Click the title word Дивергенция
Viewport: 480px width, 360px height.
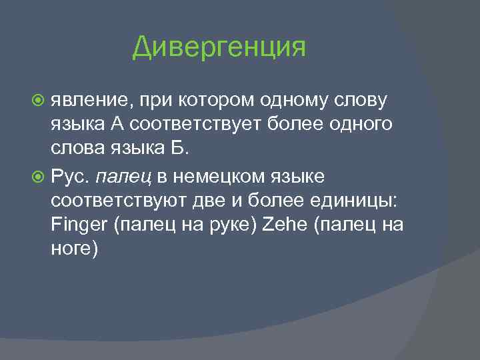(x=219, y=47)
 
